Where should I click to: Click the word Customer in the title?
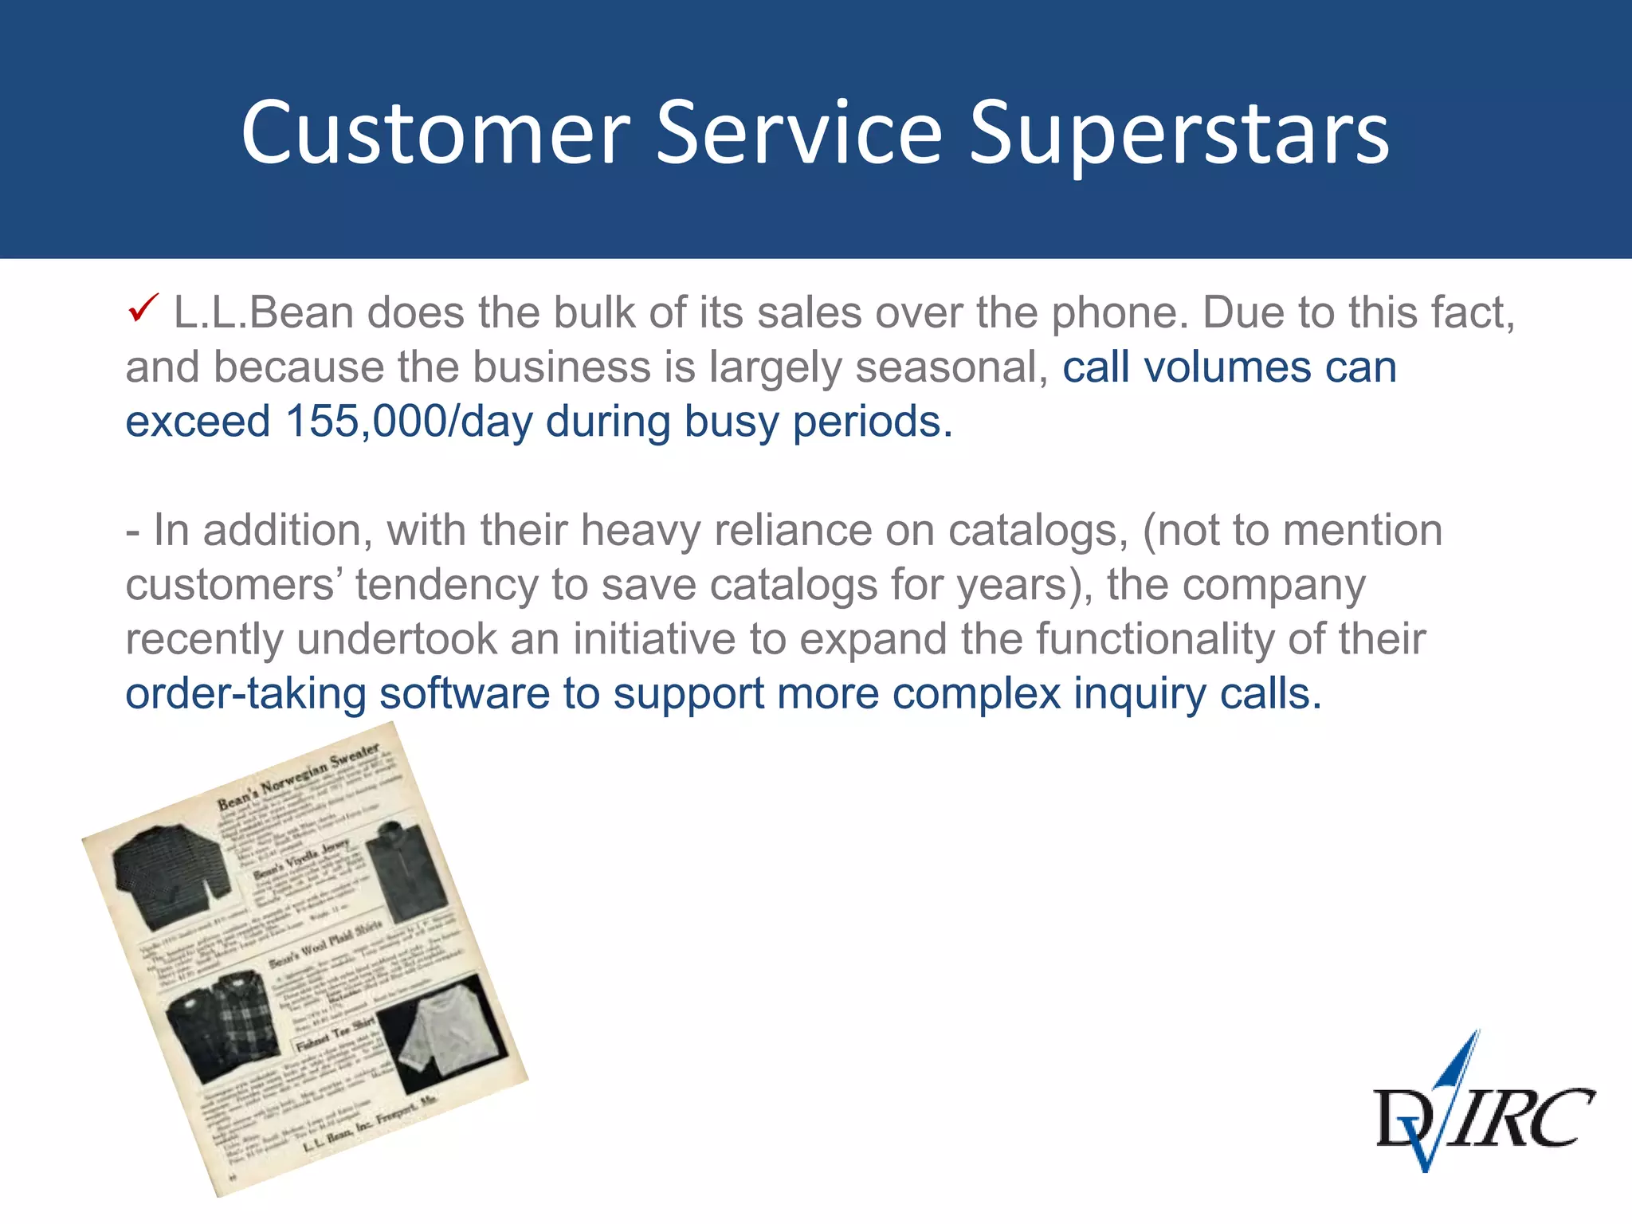pyautogui.click(x=435, y=134)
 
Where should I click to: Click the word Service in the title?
pyautogui.click(x=798, y=134)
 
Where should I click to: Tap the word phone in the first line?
pyautogui.click(x=1120, y=312)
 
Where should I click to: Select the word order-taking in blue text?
pyautogui.click(x=245, y=693)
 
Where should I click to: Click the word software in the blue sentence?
pyautogui.click(x=464, y=693)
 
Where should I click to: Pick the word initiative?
pyautogui.click(x=654, y=639)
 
